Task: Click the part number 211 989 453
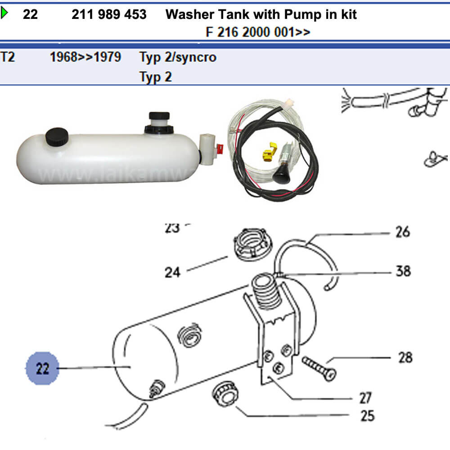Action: pyautogui.click(x=109, y=14)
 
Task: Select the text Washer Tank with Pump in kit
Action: pyautogui.click(x=261, y=14)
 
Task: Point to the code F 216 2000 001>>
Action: pyautogui.click(x=257, y=32)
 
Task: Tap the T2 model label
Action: pyautogui.click(x=8, y=57)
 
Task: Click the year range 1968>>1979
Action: pyautogui.click(x=85, y=57)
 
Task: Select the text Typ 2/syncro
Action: pyautogui.click(x=178, y=57)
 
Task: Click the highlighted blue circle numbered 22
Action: pyautogui.click(x=42, y=369)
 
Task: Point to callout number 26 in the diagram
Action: pyautogui.click(x=402, y=232)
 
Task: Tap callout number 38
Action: pyautogui.click(x=403, y=271)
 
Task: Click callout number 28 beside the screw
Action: pyautogui.click(x=405, y=358)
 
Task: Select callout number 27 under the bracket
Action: pyautogui.click(x=365, y=398)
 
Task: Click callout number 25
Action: pyautogui.click(x=367, y=415)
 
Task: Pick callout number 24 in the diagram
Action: pyautogui.click(x=172, y=272)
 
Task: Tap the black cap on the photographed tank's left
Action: pyautogui.click(x=57, y=137)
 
